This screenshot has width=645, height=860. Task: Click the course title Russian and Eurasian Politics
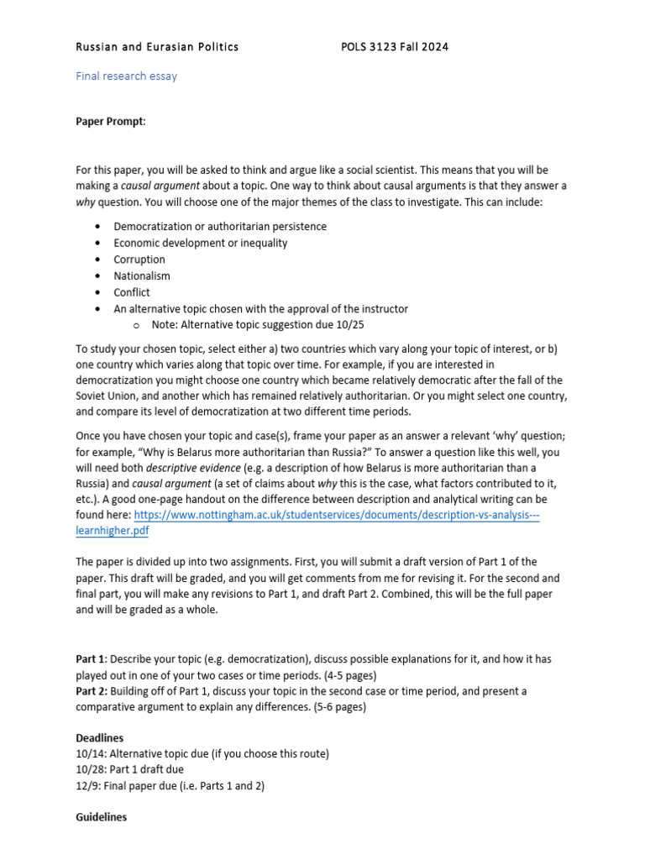click(157, 47)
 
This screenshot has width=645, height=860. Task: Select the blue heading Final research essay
click(126, 76)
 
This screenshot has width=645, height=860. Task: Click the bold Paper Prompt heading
click(110, 122)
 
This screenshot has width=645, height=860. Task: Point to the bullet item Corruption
click(139, 260)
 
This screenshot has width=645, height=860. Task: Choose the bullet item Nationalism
click(142, 275)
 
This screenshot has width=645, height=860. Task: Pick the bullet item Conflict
click(132, 292)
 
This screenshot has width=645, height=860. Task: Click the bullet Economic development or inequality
click(201, 243)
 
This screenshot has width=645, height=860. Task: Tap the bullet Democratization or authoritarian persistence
click(220, 227)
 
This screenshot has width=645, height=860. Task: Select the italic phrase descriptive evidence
click(190, 467)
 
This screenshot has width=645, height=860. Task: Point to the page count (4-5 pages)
click(354, 674)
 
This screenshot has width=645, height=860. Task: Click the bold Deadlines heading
click(99, 737)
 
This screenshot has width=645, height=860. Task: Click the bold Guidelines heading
click(101, 816)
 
